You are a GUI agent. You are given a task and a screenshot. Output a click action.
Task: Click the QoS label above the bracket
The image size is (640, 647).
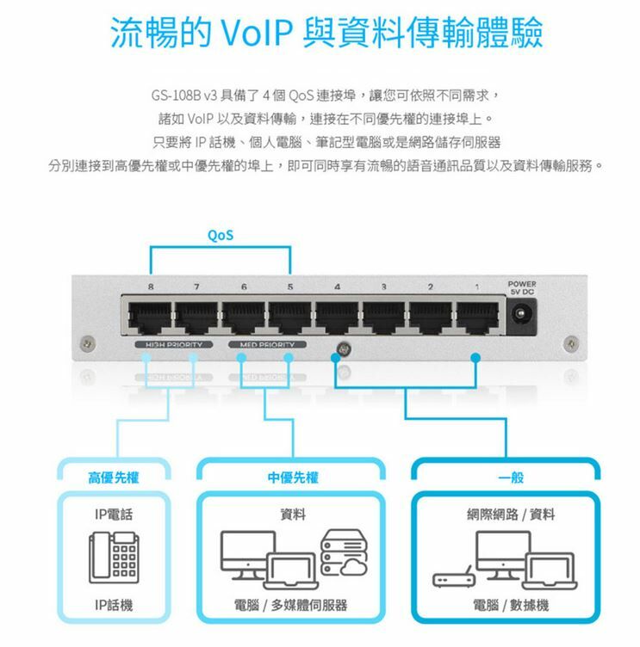221,234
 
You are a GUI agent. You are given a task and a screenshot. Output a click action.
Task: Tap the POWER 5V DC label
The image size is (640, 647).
521,287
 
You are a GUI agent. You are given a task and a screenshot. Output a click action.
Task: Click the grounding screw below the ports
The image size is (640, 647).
343,350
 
